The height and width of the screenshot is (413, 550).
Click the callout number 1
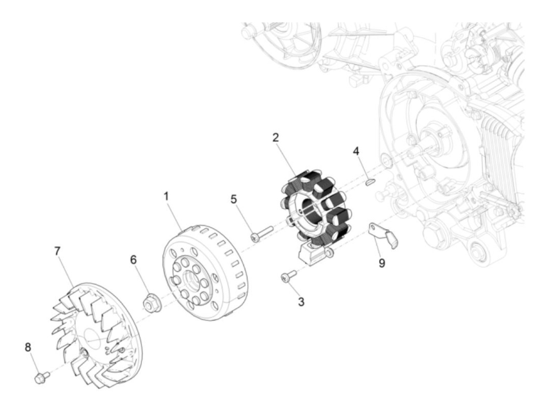pos(166,196)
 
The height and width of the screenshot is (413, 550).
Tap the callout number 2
pos(276,137)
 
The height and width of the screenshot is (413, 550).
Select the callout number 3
pos(301,302)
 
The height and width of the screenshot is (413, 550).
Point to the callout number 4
pos(356,151)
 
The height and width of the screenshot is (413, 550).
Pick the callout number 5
pos(234,199)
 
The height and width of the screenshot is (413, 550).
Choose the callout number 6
pos(134,259)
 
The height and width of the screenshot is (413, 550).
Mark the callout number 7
pos(58,251)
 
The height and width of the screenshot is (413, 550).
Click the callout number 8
pos(28,347)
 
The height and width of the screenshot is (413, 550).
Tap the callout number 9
pos(382,263)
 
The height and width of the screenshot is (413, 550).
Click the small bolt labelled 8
pos(40,378)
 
